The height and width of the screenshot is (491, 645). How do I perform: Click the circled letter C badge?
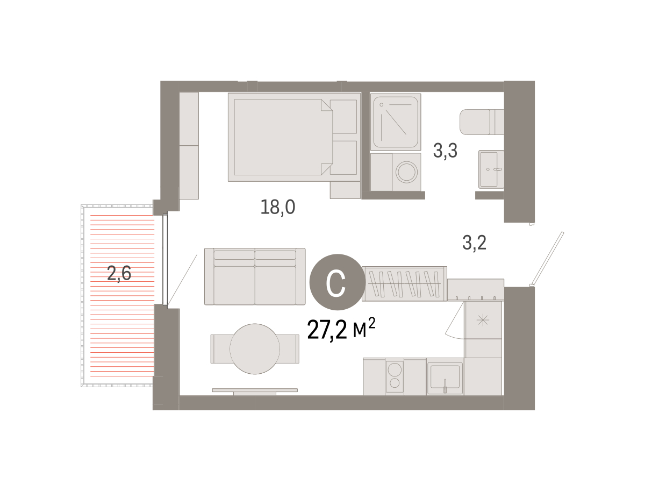[338, 282]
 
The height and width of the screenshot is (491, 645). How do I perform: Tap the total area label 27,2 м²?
[341, 329]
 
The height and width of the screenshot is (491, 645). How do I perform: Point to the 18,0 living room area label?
[278, 207]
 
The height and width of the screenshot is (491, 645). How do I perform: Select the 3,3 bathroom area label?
[445, 151]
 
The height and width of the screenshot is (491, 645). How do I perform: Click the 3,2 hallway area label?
[474, 243]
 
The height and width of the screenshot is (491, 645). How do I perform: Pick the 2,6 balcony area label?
[119, 273]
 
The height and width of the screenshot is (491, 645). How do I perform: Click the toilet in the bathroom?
[482, 122]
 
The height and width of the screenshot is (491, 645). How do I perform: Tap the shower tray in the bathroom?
[396, 122]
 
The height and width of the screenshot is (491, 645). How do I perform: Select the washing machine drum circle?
[407, 172]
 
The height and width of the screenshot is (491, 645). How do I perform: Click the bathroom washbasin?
[491, 169]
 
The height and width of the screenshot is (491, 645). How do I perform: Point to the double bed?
[294, 137]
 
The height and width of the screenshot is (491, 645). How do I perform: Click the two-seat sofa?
[255, 276]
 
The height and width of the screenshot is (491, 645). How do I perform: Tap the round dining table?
[255, 349]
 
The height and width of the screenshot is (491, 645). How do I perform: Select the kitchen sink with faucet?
[445, 378]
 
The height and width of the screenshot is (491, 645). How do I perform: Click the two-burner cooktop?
[395, 376]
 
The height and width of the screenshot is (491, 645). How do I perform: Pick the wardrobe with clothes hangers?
[404, 284]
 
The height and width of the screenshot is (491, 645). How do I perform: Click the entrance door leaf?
[547, 259]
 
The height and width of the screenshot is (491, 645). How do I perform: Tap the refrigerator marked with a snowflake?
[483, 320]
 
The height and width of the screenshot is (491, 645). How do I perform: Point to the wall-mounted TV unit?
[255, 392]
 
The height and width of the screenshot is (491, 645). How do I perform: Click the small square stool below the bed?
[345, 190]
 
